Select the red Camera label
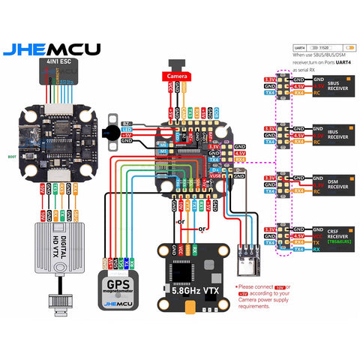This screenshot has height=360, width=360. coord(177,76)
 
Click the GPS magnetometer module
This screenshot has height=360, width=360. coord(120,289)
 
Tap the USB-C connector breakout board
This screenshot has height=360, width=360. coord(247,256)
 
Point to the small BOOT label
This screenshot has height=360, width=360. coord(10,157)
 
